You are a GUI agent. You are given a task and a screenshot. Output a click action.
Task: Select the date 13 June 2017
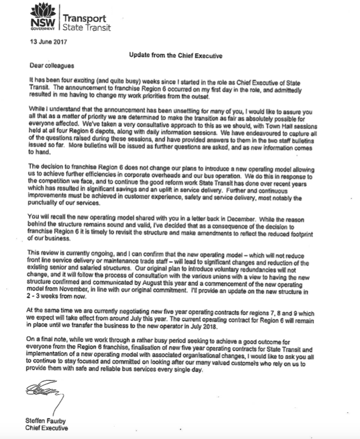point(45,42)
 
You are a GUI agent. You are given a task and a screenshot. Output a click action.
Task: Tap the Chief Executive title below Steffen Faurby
point(46,428)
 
